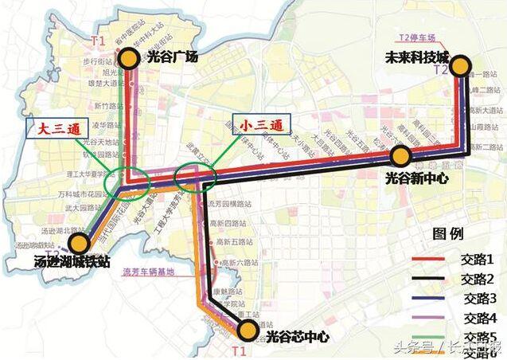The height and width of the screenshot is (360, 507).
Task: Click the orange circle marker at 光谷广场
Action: pyautogui.click(x=129, y=57)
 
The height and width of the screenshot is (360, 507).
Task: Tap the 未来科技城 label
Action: pyautogui.click(x=416, y=58)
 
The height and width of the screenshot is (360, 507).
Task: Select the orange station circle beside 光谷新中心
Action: pyautogui.click(x=400, y=156)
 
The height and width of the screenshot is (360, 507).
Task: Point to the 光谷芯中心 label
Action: pyautogui.click(x=298, y=336)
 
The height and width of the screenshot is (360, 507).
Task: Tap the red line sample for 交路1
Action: pyautogui.click(x=431, y=259)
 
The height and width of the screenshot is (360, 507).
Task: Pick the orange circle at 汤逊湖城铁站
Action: pyautogui.click(x=79, y=244)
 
